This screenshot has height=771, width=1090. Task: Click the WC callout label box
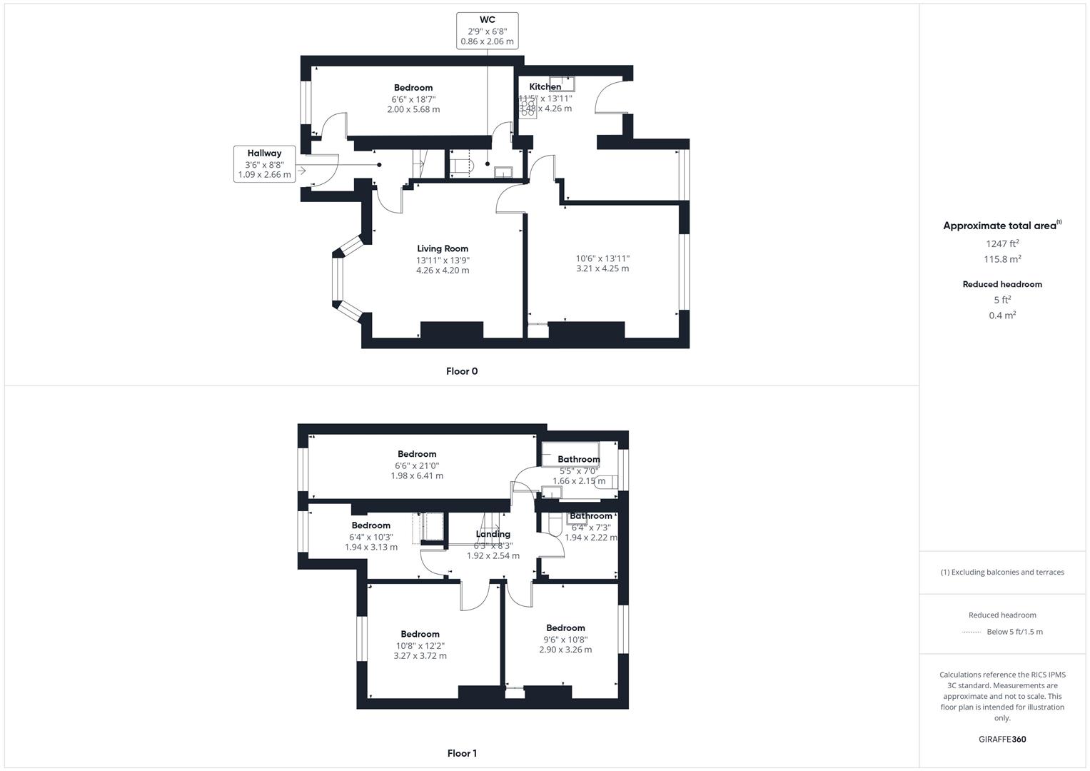(488, 31)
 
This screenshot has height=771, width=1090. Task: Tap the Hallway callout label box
(264, 163)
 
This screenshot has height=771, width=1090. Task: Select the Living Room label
(443, 248)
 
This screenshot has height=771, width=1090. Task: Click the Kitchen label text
(545, 87)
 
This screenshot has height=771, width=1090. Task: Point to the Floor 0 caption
(462, 371)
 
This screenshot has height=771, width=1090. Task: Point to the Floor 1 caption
(462, 753)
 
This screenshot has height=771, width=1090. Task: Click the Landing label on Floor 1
(493, 534)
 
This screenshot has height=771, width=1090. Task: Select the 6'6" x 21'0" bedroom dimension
(417, 465)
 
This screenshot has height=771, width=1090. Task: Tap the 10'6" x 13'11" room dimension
(602, 258)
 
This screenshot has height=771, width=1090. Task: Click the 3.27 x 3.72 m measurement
(420, 656)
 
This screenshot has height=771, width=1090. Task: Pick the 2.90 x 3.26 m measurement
(565, 650)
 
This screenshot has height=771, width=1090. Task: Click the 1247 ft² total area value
(1002, 243)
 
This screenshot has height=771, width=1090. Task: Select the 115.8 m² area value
(1002, 259)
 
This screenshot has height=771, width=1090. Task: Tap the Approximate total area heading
(1001, 226)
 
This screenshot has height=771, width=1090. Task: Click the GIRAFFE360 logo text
(1002, 740)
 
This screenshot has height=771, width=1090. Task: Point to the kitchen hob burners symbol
(528, 109)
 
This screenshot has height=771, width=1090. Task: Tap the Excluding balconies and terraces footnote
(1002, 572)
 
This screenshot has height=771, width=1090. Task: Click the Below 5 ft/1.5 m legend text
(1014, 632)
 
